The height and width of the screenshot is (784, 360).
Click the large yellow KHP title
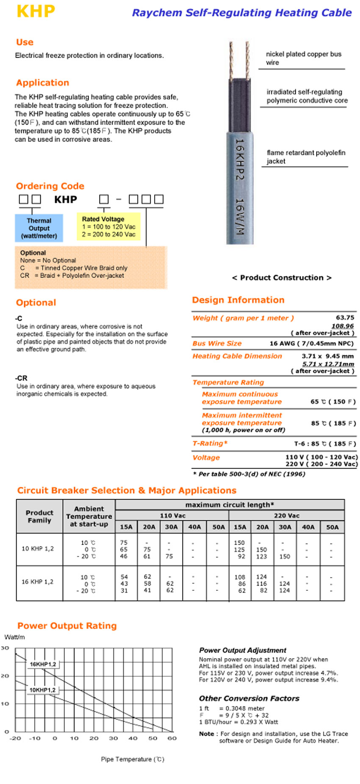(x=36, y=11)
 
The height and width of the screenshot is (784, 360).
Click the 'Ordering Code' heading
(x=50, y=186)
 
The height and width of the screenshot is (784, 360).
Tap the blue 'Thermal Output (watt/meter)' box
(x=39, y=228)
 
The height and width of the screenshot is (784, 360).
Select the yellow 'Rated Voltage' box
(x=108, y=227)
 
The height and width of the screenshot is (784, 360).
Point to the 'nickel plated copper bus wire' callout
(x=303, y=58)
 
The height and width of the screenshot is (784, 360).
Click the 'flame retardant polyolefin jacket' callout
(x=306, y=157)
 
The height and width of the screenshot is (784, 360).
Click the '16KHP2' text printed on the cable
(x=240, y=159)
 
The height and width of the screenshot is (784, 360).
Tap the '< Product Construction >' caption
(x=282, y=278)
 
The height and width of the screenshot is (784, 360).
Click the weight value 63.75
(x=345, y=317)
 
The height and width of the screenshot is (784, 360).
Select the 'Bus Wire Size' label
(x=217, y=343)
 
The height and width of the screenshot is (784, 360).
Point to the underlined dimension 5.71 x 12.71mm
(x=328, y=364)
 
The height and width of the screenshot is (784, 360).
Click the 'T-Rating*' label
(x=210, y=443)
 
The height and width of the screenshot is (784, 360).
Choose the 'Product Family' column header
(x=39, y=516)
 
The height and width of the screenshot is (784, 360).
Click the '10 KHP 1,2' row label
(x=38, y=548)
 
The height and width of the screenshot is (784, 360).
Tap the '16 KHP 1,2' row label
(x=38, y=582)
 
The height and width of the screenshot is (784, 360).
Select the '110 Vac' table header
(x=172, y=516)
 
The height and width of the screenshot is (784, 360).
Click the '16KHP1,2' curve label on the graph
(x=43, y=664)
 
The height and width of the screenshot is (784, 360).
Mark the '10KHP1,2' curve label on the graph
(x=42, y=690)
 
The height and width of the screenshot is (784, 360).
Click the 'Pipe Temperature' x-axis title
(x=132, y=759)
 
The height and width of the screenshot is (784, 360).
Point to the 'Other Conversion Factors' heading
(x=249, y=698)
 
